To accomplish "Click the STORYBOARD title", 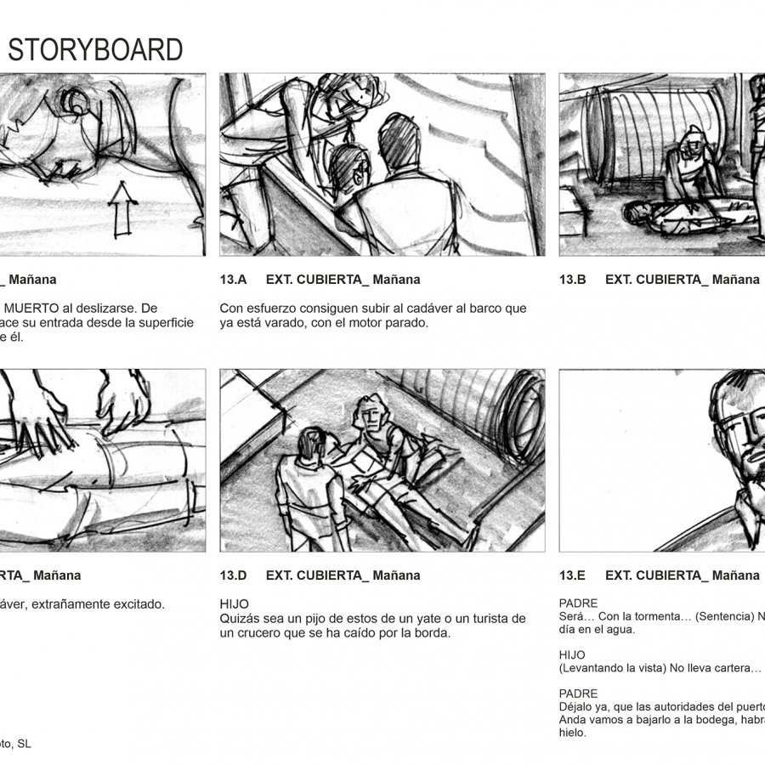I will (95, 50).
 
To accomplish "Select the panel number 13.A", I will (233, 280).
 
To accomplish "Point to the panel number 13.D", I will (233, 575).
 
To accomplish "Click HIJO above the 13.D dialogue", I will (235, 603).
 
